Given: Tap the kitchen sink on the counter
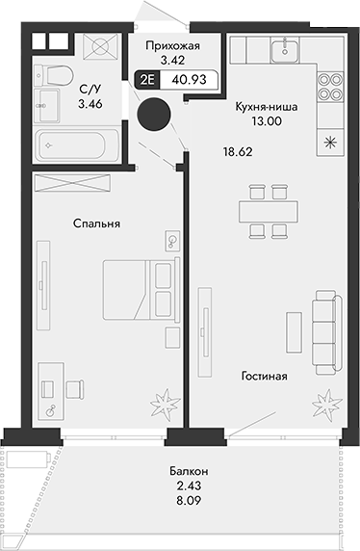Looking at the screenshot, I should pos(286,49).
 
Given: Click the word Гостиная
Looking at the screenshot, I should pos(265,376).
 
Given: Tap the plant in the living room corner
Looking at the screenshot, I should pos(329,399).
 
